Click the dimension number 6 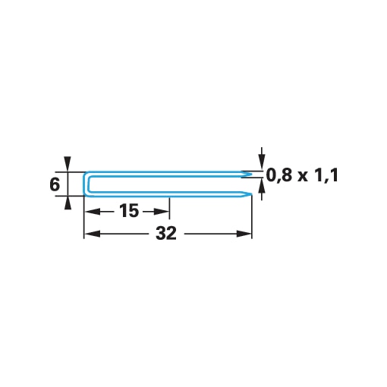[55, 184]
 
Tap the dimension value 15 [129, 211]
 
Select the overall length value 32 [166, 233]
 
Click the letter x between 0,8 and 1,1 [303, 177]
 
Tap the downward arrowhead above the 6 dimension [68, 164]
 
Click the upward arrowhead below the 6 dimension [68, 203]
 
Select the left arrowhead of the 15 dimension [92, 211]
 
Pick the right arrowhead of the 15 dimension [162, 211]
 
